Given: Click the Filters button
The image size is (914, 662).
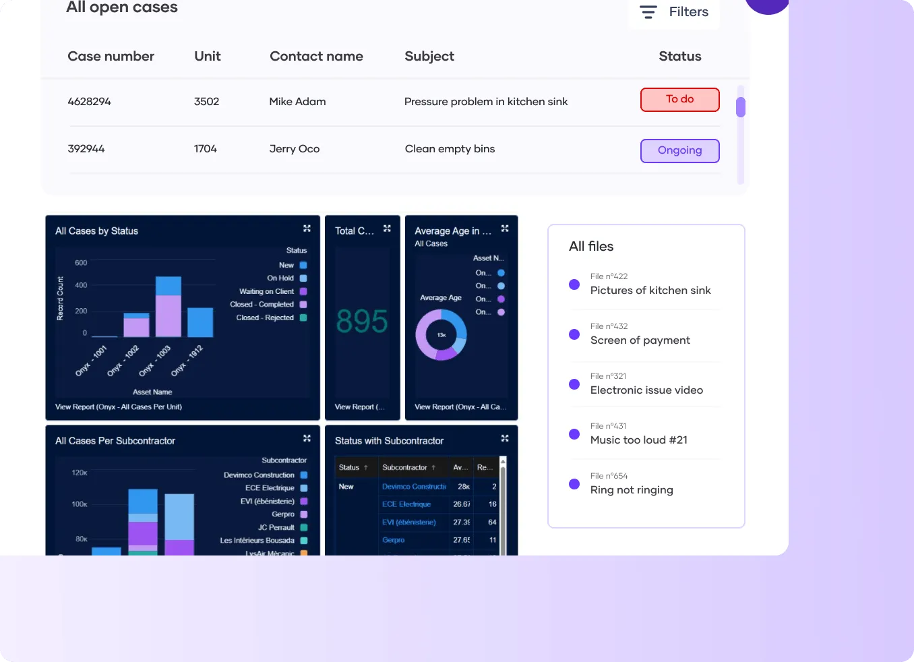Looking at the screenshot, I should (674, 12).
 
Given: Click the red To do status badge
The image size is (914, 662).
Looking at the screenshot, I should (679, 100).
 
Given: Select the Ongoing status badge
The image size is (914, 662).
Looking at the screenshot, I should (679, 151).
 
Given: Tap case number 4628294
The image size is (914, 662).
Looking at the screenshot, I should (89, 102).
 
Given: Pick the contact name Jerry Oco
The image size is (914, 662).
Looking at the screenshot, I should (295, 149).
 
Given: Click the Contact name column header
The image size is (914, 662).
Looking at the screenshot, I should (316, 57).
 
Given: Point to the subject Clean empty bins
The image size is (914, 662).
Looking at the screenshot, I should (450, 149).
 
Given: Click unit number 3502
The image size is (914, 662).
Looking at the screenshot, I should (206, 102).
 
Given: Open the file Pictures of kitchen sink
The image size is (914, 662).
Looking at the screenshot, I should (650, 291).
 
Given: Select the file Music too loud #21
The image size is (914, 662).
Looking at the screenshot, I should (638, 440).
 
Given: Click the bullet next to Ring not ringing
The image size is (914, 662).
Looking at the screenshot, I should (574, 484).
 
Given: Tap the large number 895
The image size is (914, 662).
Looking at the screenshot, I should (362, 322).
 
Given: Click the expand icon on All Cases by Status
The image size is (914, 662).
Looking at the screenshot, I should (307, 229).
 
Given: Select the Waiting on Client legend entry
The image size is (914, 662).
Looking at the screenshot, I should (266, 292).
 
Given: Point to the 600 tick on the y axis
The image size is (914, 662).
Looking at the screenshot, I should (81, 263).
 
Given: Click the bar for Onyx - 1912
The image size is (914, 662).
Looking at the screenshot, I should (200, 322).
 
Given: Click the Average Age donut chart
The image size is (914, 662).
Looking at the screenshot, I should (441, 334).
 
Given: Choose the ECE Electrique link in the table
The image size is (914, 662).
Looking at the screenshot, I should (406, 504).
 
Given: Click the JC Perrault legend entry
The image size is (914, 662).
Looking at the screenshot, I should (276, 528).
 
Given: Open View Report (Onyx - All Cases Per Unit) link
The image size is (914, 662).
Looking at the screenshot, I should (119, 407).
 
